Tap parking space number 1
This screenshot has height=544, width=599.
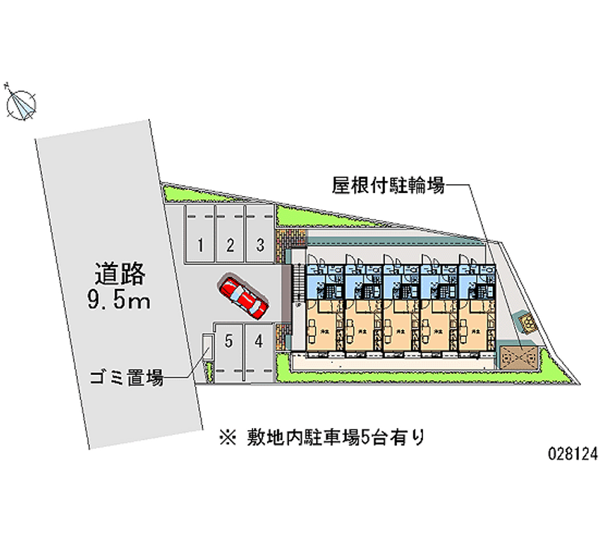[201, 245]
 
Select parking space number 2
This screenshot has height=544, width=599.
[231, 245]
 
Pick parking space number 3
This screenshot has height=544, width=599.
[259, 245]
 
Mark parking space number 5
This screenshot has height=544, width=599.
[229, 341]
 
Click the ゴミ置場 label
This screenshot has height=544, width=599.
[128, 379]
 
